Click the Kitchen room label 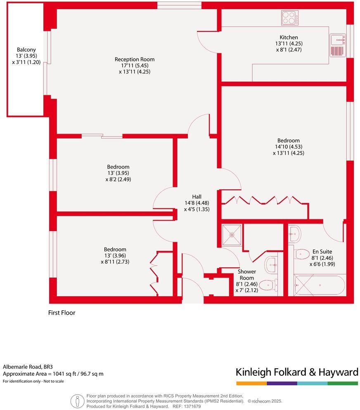(x=289, y=38)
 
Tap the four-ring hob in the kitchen (x=290, y=18)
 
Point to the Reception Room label (x=135, y=59)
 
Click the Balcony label (x=24, y=50)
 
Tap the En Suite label (x=322, y=251)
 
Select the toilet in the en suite (x=302, y=253)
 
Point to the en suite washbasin (x=294, y=233)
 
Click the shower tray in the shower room (x=232, y=234)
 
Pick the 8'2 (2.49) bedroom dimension (x=118, y=179)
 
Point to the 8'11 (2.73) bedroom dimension (x=115, y=262)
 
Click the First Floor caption (x=62, y=313)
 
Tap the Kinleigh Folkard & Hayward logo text (x=296, y=372)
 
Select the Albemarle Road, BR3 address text (x=28, y=366)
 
